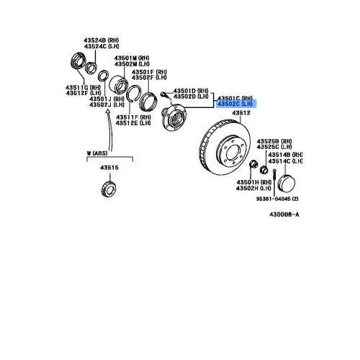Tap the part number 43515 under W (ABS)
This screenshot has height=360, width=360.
pos(109,168)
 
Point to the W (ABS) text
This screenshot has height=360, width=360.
pos(97,153)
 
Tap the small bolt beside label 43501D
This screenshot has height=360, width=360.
pos(165,95)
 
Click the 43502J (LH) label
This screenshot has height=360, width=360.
pos(106,105)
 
